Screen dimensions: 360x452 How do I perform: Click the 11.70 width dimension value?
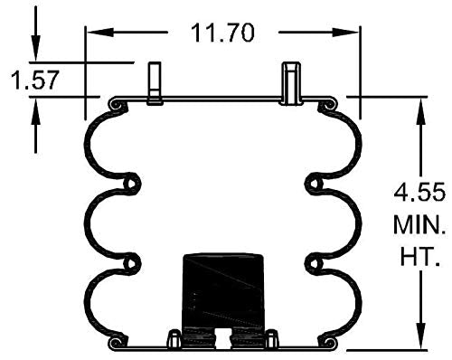click(222, 33)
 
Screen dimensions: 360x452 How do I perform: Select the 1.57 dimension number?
click(34, 81)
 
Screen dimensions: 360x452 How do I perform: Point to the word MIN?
click(418, 225)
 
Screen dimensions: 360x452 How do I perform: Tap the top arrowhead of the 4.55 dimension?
click(421, 105)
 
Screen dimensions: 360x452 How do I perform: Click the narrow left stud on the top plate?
click(155, 83)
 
